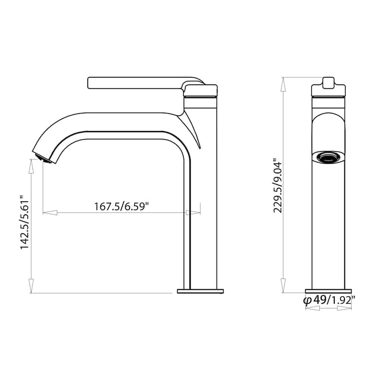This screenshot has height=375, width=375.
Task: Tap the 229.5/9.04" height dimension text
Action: (278, 185)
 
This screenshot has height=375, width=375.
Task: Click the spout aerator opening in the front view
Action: (328, 157)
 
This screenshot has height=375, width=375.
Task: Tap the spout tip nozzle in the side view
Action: (41, 156)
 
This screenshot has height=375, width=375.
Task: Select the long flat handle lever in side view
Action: (136, 82)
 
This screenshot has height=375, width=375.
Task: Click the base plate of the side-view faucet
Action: (200, 291)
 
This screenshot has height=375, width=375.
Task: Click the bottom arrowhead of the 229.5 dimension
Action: (283, 284)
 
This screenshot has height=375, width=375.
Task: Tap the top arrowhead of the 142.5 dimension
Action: (31, 165)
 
